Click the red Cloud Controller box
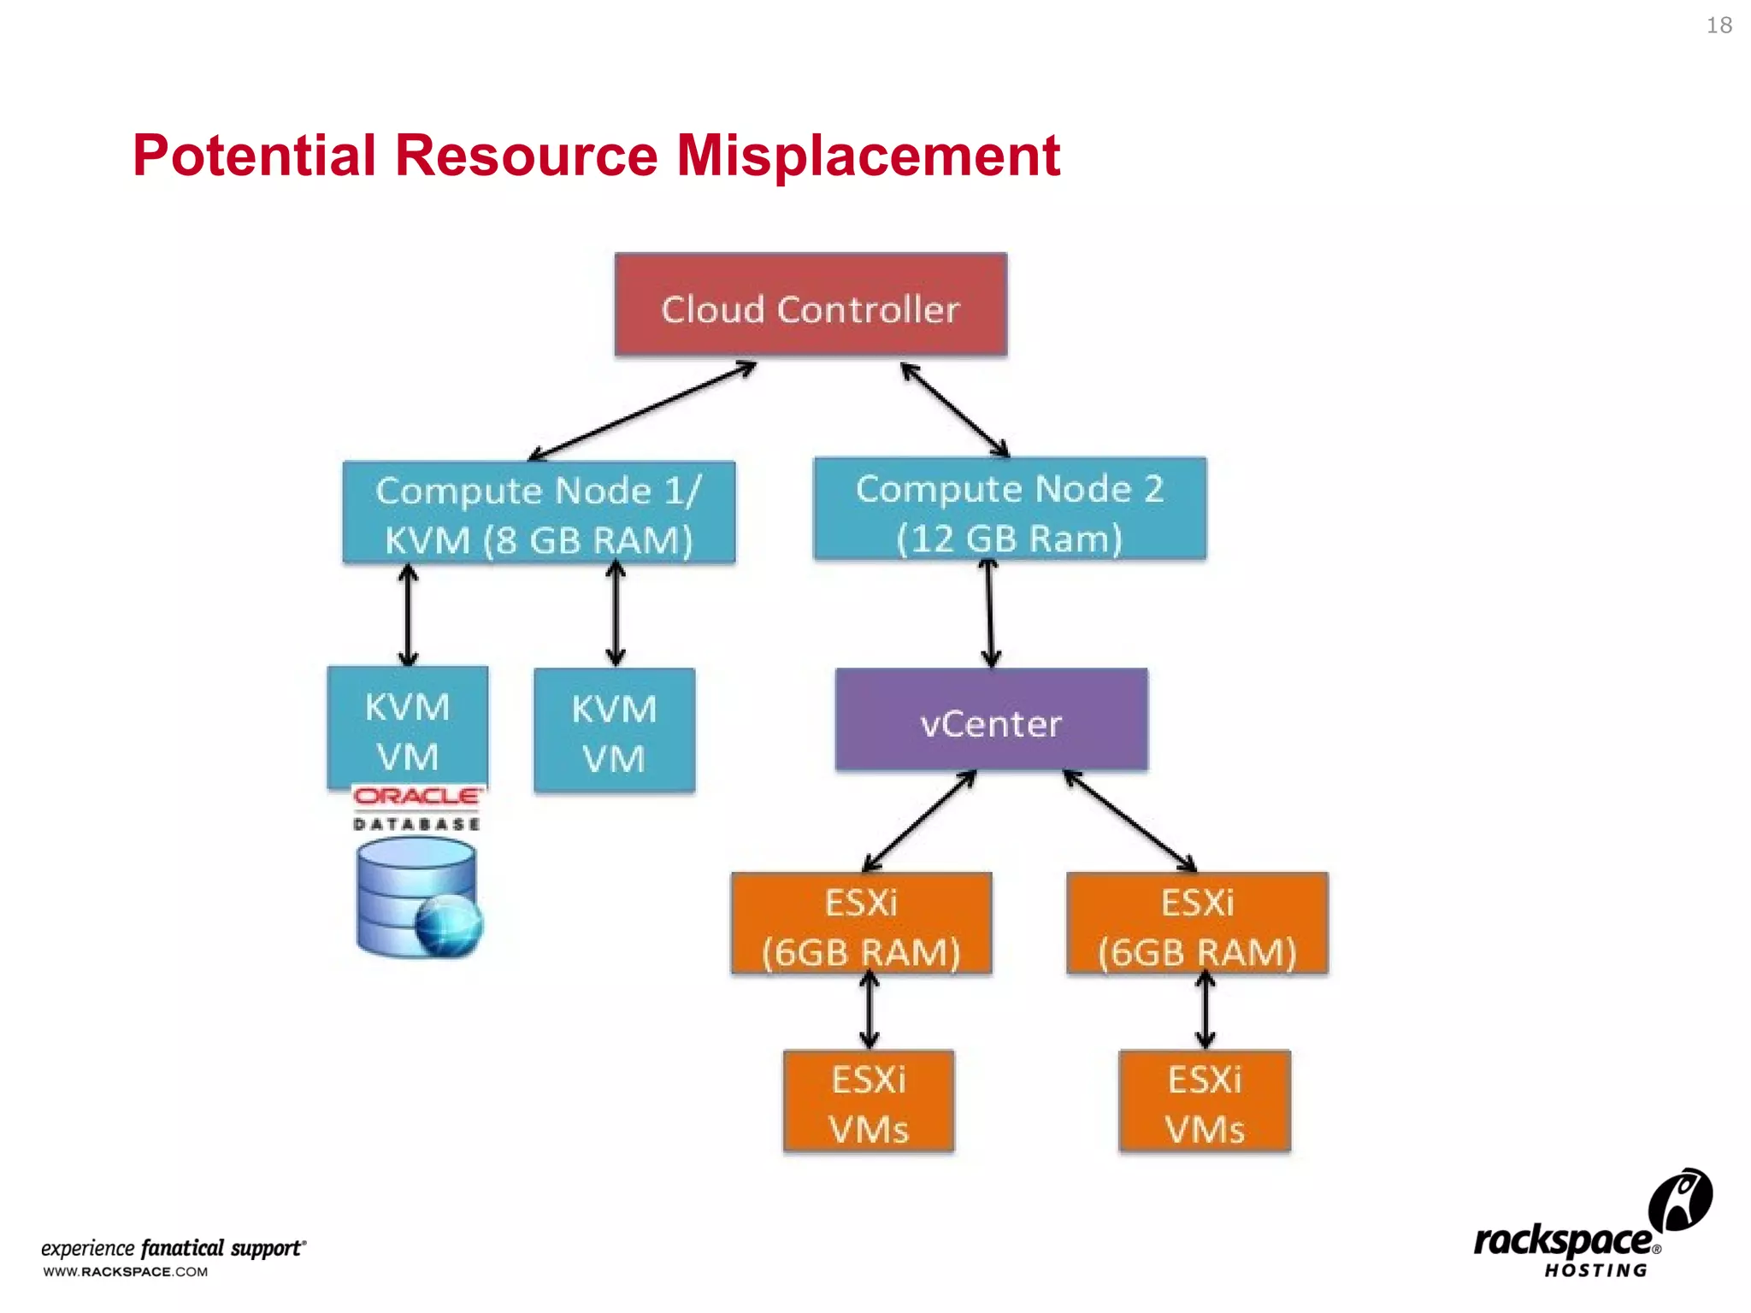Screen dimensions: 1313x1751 [811, 305]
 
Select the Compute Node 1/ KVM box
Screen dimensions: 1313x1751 [539, 513]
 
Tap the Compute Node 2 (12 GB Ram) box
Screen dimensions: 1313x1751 [1010, 509]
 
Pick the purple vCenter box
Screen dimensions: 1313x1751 [991, 721]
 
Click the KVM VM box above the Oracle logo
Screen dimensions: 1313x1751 [408, 727]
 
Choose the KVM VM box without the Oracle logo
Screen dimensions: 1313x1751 [614, 732]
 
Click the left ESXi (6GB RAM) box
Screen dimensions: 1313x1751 [861, 924]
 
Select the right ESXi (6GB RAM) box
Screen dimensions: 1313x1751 [1197, 924]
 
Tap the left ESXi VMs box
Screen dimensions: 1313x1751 [869, 1102]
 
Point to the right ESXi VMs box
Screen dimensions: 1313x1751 [1205, 1102]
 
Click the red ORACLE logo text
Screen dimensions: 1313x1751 [418, 797]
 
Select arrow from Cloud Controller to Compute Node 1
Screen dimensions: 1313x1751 [641, 411]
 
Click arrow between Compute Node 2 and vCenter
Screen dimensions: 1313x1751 [990, 614]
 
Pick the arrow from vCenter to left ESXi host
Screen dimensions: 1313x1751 [919, 821]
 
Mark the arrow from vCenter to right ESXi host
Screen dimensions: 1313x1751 [1129, 821]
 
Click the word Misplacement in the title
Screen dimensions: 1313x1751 [868, 156]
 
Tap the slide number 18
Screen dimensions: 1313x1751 [1719, 26]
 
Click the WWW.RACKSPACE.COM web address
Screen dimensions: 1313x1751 [126, 1272]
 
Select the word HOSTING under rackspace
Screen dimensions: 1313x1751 [1595, 1271]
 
